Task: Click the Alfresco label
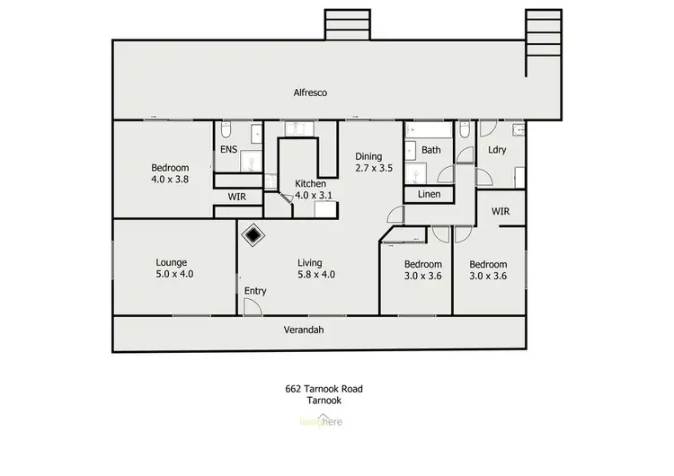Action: tap(309, 93)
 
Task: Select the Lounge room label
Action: tap(171, 263)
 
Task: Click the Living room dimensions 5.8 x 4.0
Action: tap(316, 275)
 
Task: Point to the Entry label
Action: tap(255, 291)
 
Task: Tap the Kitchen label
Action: tap(310, 184)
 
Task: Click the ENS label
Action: tap(228, 150)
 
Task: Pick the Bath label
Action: tap(431, 150)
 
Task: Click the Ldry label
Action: tap(498, 150)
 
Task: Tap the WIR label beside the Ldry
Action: tap(501, 211)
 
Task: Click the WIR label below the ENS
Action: tap(237, 196)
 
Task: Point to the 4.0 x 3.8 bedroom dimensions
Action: tap(170, 180)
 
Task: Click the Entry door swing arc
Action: tap(253, 305)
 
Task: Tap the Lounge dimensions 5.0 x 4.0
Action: tap(171, 275)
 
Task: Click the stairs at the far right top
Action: tap(543, 31)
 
